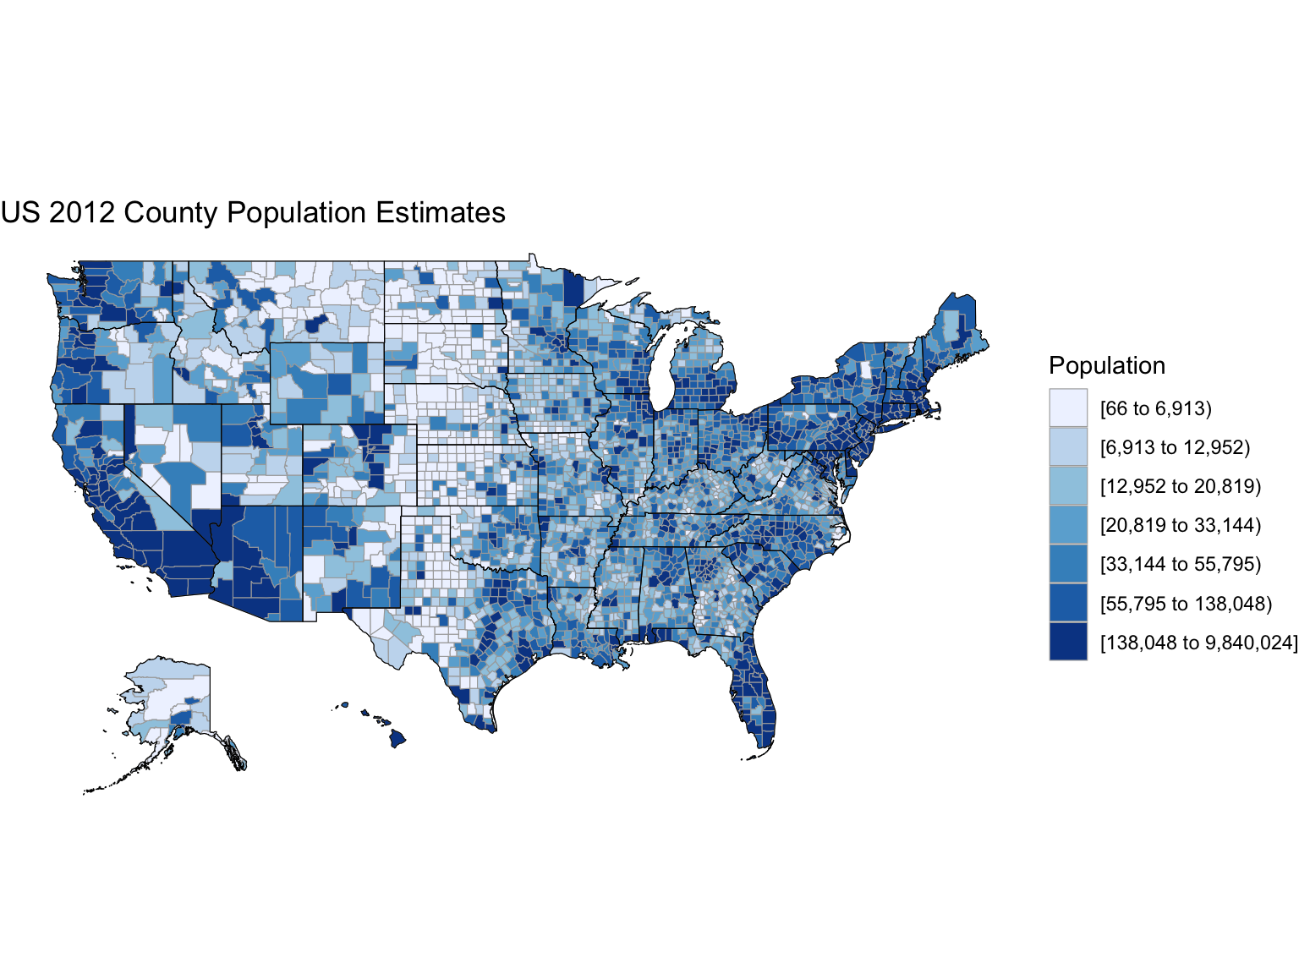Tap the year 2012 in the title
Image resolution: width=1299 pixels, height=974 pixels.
pyautogui.click(x=81, y=213)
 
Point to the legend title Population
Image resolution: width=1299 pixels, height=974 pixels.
pyautogui.click(x=1106, y=365)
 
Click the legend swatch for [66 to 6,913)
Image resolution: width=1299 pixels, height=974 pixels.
pyautogui.click(x=1068, y=408)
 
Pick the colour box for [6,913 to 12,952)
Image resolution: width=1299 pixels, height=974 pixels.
pyautogui.click(x=1068, y=446)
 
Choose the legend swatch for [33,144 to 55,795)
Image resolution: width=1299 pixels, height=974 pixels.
pyautogui.click(x=1068, y=564)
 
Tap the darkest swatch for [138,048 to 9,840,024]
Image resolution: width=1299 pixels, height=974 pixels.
pyautogui.click(x=1068, y=642)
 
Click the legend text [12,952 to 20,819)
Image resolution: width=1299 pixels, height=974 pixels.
pyautogui.click(x=1180, y=486)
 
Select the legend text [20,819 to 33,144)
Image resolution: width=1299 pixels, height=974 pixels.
pyautogui.click(x=1180, y=525)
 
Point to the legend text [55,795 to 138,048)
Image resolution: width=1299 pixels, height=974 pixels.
pyautogui.click(x=1185, y=603)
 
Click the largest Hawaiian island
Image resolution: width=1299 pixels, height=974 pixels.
pyautogui.click(x=397, y=739)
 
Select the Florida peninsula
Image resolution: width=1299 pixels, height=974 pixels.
pyautogui.click(x=755, y=693)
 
